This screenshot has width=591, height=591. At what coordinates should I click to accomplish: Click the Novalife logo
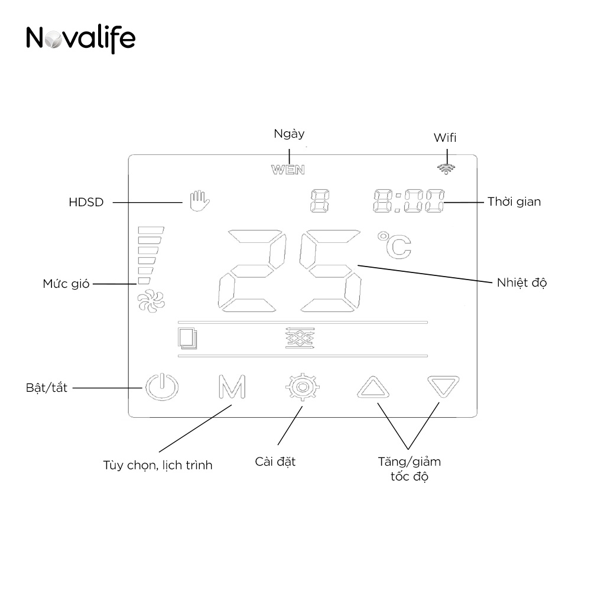[81, 38]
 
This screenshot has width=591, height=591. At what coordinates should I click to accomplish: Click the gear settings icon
[302, 387]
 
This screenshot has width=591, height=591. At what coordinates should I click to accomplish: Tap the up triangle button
[373, 388]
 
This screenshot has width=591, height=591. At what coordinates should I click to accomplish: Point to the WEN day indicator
[288, 170]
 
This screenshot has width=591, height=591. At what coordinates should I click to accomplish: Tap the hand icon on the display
[199, 201]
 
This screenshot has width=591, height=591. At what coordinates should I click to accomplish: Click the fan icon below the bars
[147, 301]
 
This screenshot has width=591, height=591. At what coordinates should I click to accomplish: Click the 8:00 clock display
[409, 202]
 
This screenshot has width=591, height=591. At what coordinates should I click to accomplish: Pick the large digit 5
[330, 271]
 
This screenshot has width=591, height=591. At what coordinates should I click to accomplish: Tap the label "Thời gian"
[514, 202]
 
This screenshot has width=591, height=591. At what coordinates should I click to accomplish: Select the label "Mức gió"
[66, 284]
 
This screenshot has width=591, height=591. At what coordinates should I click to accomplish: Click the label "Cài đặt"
[275, 461]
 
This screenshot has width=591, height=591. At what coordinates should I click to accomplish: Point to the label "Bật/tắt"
[47, 388]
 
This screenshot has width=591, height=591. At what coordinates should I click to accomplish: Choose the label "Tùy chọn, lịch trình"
[157, 465]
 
